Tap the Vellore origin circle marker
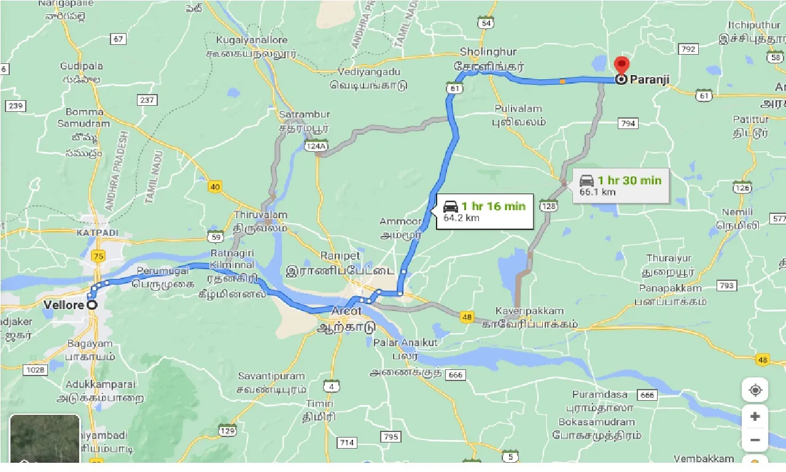[92, 305]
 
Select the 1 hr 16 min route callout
[484, 211]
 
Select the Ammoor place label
[400, 221]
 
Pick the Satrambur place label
[305, 115]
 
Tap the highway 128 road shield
[548, 206]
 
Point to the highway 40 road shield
[215, 187]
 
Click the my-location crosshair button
[755, 390]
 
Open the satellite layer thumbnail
[45, 439]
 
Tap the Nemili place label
[737, 212]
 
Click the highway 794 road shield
[628, 124]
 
